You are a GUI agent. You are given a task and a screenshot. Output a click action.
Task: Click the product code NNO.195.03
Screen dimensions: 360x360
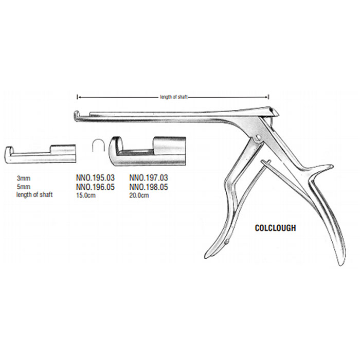(x=95, y=177)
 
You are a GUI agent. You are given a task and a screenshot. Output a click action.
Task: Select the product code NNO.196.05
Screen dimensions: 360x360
(x=95, y=187)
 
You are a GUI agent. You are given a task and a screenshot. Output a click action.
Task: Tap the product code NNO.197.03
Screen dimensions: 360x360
(x=149, y=177)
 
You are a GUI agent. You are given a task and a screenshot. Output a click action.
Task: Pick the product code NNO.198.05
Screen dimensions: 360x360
(x=149, y=187)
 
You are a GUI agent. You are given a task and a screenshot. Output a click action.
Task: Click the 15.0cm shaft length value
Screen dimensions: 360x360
(x=86, y=195)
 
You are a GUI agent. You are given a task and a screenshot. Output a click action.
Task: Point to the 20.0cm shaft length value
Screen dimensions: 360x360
(x=139, y=195)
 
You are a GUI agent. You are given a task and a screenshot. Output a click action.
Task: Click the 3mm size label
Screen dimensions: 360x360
(x=24, y=178)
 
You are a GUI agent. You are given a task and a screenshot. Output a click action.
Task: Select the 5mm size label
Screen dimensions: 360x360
(x=24, y=186)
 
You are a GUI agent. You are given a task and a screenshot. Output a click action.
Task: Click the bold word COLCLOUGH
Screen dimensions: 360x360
(x=276, y=228)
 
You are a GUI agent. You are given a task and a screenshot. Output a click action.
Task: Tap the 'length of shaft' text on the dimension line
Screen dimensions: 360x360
(x=174, y=97)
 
